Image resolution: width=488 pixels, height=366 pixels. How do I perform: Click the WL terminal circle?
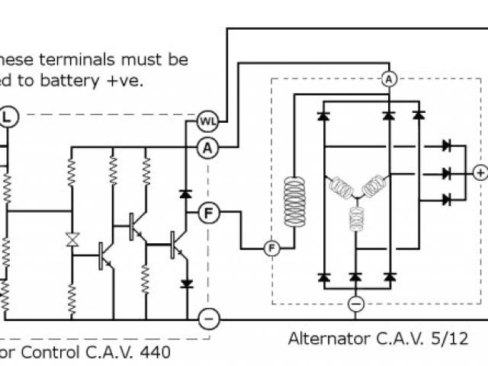click(207, 120)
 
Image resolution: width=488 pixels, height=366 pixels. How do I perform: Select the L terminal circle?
click(8, 116)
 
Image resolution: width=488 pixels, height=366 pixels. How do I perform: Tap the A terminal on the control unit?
click(207, 149)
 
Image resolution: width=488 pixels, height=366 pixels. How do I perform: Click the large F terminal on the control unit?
click(207, 213)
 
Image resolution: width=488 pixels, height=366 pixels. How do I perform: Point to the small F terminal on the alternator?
click(272, 248)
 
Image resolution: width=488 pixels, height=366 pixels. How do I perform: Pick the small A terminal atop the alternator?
click(388, 79)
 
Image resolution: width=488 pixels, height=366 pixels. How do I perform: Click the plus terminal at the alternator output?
click(480, 173)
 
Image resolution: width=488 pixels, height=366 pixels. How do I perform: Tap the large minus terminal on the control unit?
click(207, 317)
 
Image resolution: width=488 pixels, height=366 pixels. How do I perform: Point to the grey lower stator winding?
click(355, 220)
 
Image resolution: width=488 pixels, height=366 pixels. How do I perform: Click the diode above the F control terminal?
click(185, 194)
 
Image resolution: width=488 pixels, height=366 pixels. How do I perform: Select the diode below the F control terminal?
click(185, 284)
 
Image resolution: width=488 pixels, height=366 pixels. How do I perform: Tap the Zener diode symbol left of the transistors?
click(72, 239)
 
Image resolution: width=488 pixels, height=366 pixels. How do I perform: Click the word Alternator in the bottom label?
click(323, 338)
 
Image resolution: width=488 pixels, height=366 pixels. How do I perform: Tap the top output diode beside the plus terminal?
click(448, 145)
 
